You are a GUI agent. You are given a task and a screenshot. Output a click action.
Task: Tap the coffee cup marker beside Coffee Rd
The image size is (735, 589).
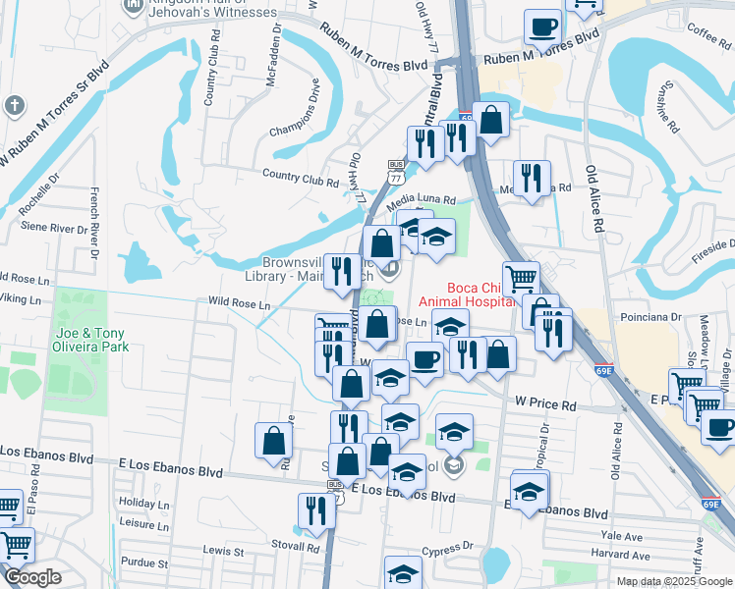[x=541, y=27]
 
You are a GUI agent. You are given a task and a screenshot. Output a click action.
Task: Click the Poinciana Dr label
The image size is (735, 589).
[x=648, y=317]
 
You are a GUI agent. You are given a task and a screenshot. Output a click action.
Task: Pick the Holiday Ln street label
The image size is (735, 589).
[x=144, y=503]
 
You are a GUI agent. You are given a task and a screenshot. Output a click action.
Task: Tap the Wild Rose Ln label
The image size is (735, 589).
[x=238, y=304]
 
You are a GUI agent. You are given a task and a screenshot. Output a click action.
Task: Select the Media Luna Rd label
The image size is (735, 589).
[x=422, y=200]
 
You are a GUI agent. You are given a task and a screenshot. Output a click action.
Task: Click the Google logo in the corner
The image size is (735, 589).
[x=32, y=577]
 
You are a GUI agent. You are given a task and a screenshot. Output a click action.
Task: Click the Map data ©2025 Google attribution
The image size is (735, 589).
[x=673, y=581]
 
